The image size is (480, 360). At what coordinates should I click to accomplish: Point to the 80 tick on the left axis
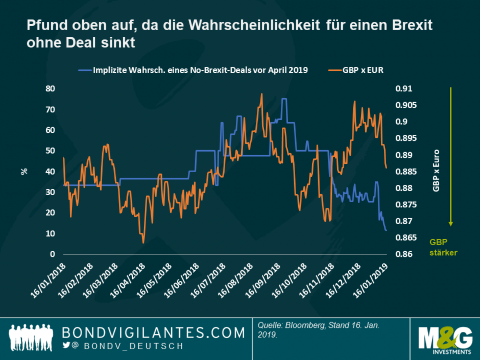tap(51, 88)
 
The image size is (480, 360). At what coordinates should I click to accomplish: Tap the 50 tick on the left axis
tap(51, 151)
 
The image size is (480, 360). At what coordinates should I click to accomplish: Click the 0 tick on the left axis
tap(53, 254)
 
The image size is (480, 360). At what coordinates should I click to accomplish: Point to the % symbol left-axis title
tap(23, 171)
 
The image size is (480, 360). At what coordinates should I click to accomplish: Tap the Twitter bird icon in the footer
tap(66, 345)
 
